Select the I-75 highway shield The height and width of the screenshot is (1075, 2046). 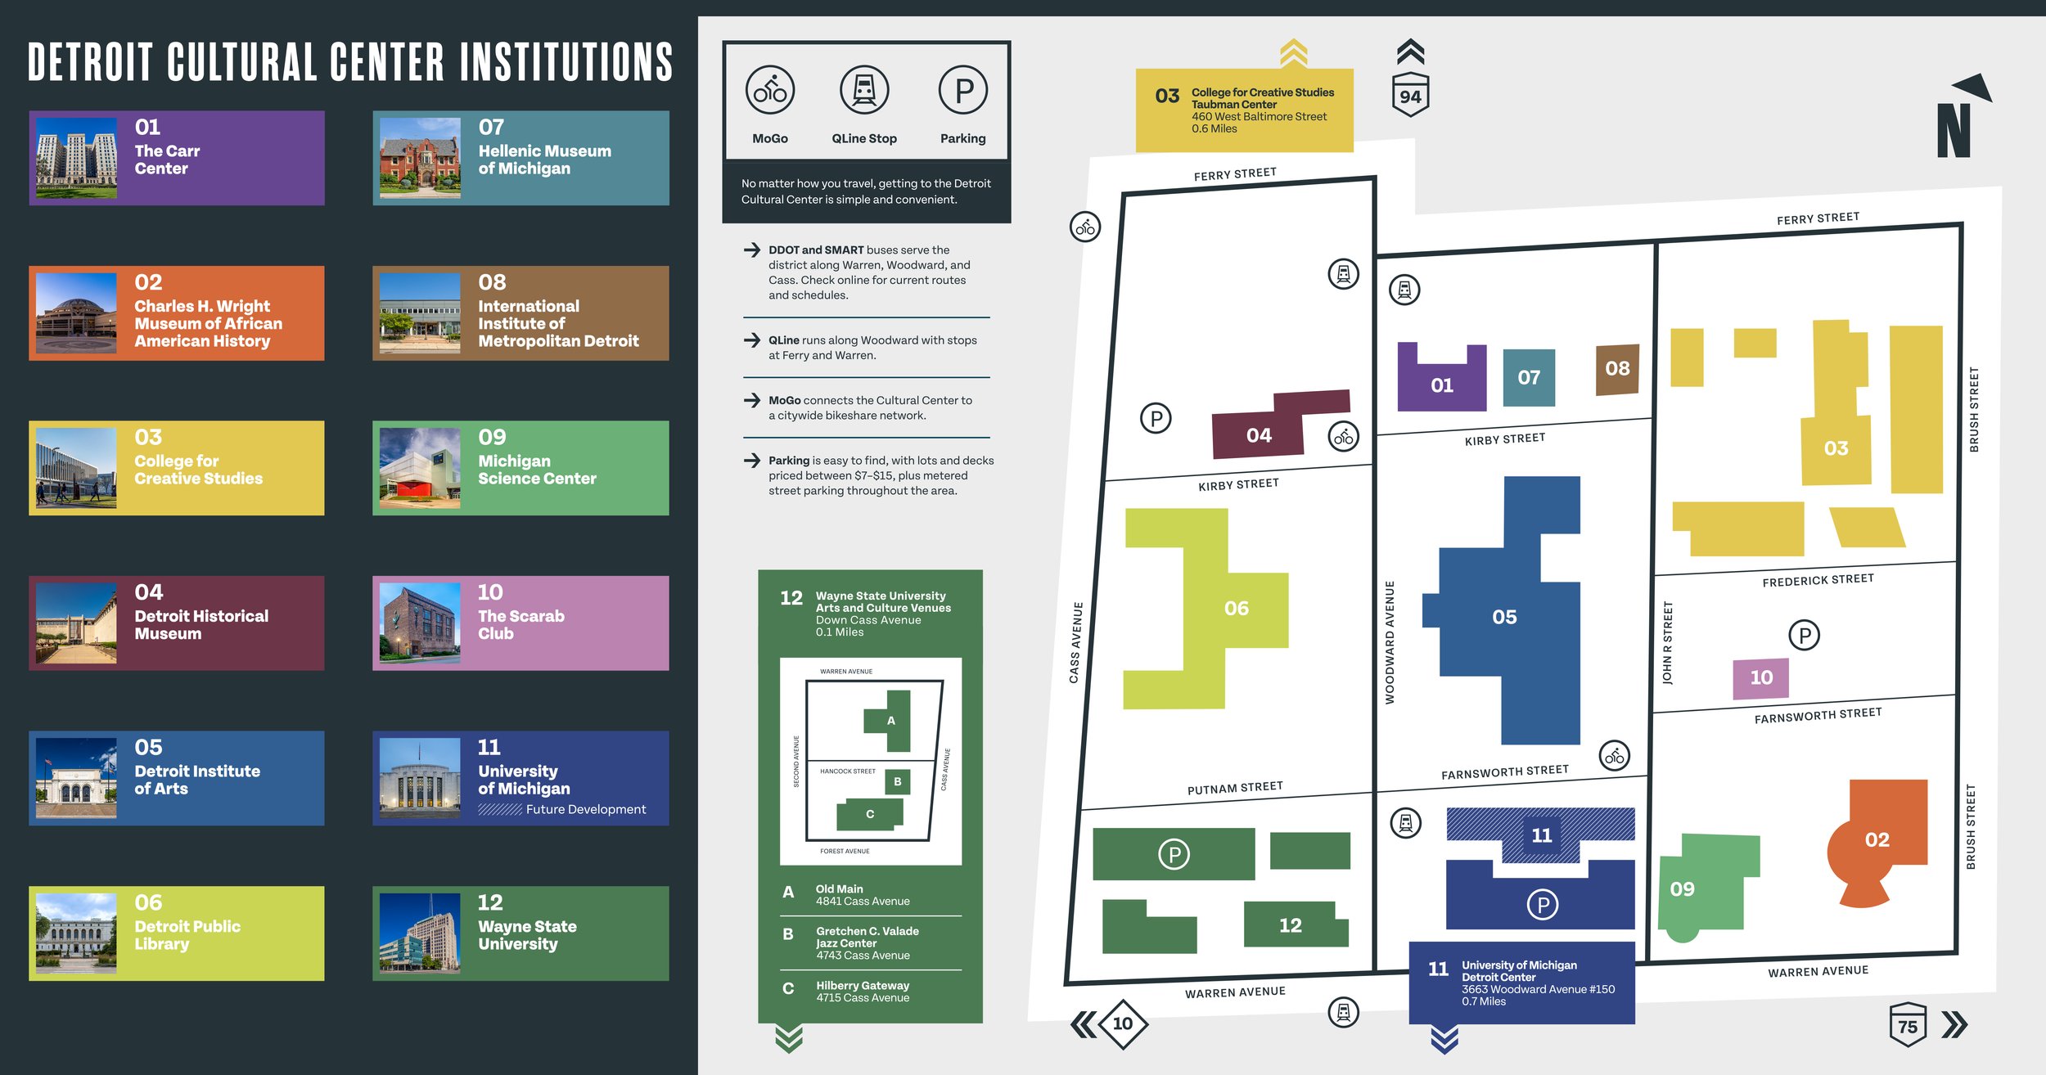(x=1907, y=1025)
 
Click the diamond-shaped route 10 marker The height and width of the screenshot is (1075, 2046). (x=1122, y=1023)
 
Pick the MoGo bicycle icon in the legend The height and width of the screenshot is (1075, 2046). (x=769, y=90)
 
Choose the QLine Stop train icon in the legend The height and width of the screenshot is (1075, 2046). (x=864, y=90)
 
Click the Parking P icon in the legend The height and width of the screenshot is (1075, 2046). (x=963, y=90)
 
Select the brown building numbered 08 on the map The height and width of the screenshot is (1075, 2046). (x=1617, y=369)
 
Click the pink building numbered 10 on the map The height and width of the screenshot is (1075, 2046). (x=1760, y=677)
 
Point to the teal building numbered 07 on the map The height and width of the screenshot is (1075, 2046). (x=1528, y=377)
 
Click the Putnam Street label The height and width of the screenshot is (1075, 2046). (x=1235, y=787)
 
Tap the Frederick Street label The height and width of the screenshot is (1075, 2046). (x=1818, y=580)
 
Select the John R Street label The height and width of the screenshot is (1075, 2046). (x=1667, y=642)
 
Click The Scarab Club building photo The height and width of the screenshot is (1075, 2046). (x=420, y=623)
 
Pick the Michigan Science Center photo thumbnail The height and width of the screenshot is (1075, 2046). (x=420, y=468)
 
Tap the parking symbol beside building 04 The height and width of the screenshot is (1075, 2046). (x=1156, y=419)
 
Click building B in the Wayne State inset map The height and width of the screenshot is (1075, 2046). (x=897, y=781)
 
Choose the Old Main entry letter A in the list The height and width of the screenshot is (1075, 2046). (x=788, y=893)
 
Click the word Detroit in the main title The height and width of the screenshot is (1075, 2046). (x=90, y=63)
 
